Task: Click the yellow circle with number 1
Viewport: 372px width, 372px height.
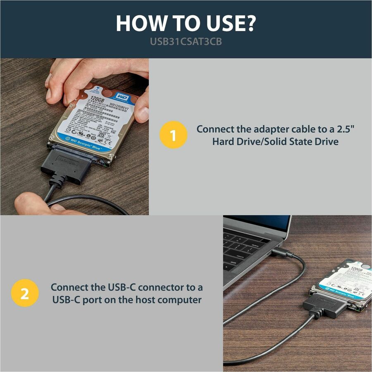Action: tap(174, 134)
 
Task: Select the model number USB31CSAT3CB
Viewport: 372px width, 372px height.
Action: tap(186, 42)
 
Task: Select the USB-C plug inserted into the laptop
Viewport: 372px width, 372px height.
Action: tap(284, 253)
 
